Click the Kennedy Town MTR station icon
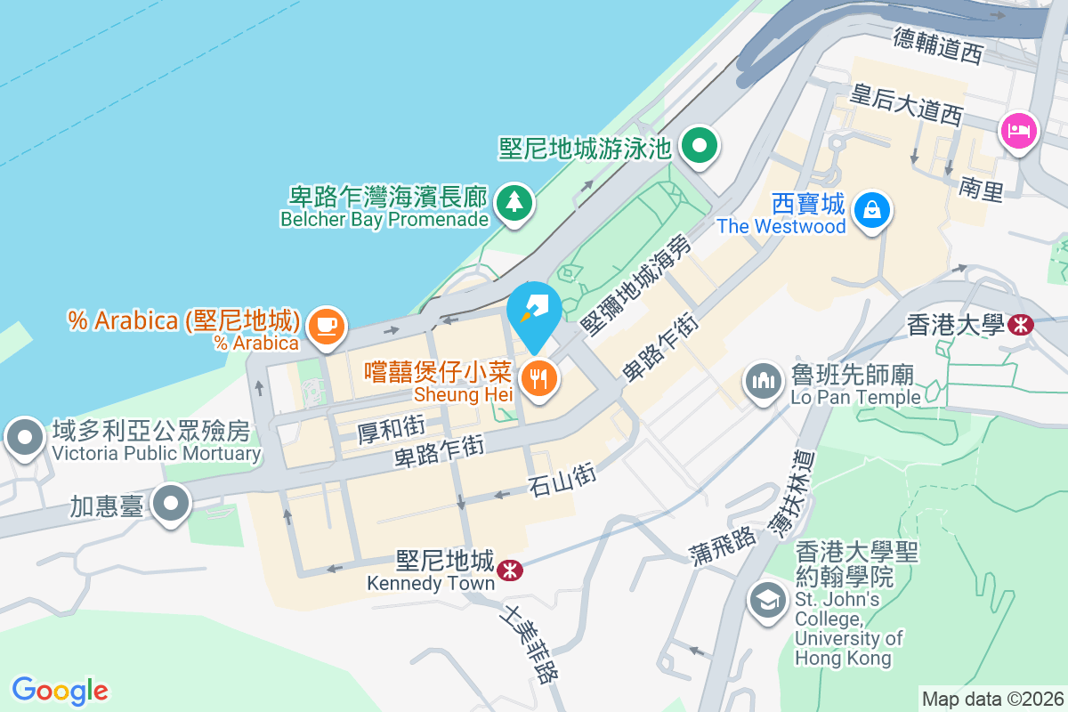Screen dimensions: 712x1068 (x=510, y=569)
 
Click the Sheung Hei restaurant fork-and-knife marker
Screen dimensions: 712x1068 (x=538, y=379)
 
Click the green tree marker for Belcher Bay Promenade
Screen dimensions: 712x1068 (x=513, y=202)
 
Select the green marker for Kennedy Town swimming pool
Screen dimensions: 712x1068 (x=700, y=145)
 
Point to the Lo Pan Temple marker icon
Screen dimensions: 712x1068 (x=763, y=382)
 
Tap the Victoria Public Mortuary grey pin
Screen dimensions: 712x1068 (x=25, y=438)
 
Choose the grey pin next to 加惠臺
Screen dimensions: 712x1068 (x=170, y=505)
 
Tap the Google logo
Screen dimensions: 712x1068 (x=60, y=690)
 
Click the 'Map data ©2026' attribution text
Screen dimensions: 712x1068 (x=992, y=699)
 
